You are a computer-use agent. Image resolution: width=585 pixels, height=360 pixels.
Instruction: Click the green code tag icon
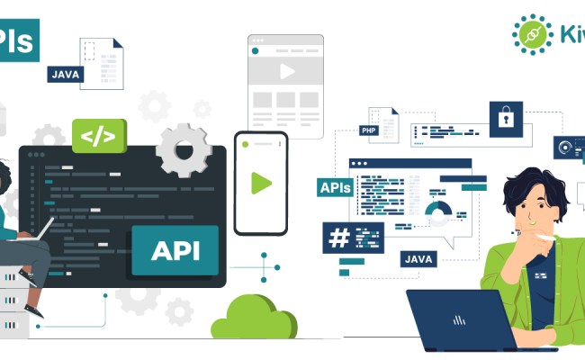coord(99,137)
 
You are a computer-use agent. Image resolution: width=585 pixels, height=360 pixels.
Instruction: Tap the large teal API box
coord(175,249)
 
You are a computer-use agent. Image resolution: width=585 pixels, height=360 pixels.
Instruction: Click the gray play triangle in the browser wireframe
coord(287,70)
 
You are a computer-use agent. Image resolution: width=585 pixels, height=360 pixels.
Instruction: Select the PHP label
coord(368,130)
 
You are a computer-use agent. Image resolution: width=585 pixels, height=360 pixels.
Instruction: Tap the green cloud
coord(254,318)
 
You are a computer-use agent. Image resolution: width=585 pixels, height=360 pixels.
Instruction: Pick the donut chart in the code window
coord(438,212)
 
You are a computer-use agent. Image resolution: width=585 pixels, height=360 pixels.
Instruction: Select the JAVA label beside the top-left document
coord(66,74)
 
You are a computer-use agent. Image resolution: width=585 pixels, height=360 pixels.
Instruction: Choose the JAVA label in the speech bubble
coord(419,259)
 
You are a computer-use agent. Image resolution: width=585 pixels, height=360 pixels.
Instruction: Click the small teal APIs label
coord(335,188)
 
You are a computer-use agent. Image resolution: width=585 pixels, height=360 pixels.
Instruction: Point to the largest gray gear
coord(184,149)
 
